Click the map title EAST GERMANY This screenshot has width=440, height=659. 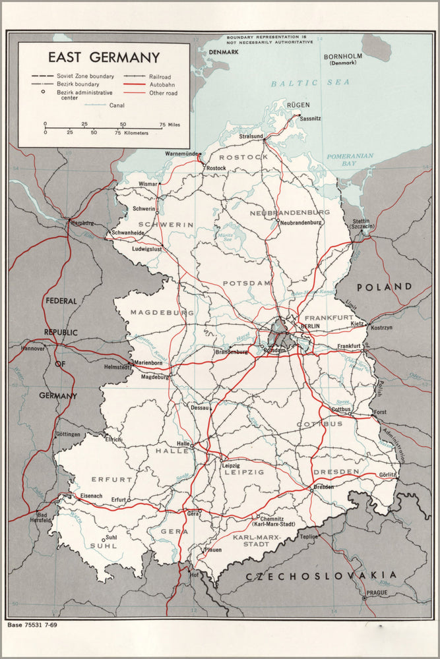pos(104,57)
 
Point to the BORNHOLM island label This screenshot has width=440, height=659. pos(344,57)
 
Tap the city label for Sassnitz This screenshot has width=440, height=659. pos(311,119)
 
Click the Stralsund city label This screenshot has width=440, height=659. pos(251,136)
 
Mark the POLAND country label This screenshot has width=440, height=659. pos(385,287)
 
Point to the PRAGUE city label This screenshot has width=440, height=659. pos(377,592)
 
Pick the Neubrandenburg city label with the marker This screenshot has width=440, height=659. pos(301,223)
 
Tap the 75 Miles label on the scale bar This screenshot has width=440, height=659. pos(169,124)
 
